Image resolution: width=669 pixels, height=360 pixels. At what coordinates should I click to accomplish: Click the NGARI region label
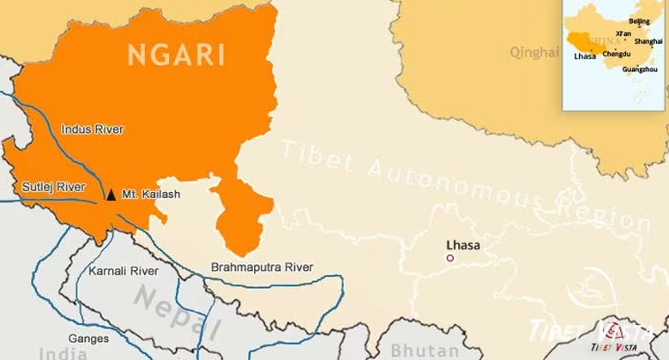[x=176, y=54]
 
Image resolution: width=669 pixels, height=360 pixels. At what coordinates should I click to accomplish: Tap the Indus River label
[x=92, y=129]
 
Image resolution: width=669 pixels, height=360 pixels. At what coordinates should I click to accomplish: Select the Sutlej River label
[x=53, y=187]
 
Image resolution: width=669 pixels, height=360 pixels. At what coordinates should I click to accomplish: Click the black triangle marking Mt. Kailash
[x=111, y=195]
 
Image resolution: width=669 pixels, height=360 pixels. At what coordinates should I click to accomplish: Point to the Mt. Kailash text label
[x=151, y=195]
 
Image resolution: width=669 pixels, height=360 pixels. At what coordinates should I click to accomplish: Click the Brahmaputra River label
[x=262, y=267]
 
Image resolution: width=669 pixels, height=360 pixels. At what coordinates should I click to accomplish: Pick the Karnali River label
[x=124, y=271]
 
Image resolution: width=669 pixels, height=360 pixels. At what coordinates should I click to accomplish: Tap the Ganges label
[x=88, y=339]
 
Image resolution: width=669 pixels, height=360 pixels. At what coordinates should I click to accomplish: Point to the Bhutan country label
[x=425, y=351]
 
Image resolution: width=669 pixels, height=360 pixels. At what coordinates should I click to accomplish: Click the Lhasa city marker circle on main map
[x=449, y=258]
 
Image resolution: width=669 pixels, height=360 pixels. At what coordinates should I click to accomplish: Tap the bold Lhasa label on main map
[x=463, y=245]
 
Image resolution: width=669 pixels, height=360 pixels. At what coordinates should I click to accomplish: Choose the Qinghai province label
[x=533, y=52]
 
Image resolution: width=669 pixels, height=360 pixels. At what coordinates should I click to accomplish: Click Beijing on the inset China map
[x=639, y=21]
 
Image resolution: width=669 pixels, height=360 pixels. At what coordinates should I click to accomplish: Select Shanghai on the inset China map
[x=648, y=41]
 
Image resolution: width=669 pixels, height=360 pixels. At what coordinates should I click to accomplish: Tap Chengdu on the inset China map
[x=616, y=53]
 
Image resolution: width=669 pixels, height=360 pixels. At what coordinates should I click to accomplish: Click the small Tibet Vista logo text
[x=613, y=347]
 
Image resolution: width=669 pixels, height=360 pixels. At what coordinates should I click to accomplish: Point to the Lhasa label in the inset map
[x=585, y=57]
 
